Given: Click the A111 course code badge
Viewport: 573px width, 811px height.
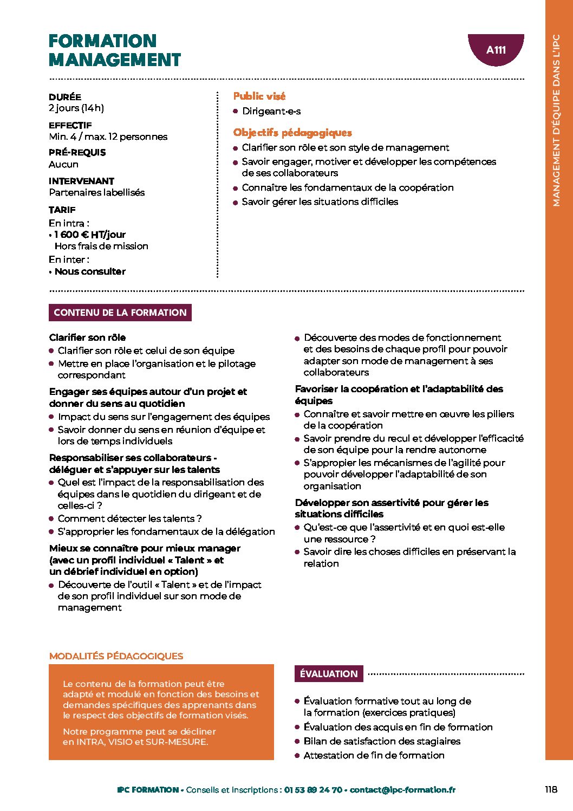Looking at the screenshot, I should click(x=496, y=50).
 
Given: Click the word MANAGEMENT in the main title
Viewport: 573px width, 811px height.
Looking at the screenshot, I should click(x=115, y=60).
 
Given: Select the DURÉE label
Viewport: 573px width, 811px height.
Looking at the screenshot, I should click(x=65, y=97).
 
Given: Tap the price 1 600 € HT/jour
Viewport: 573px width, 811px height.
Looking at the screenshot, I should click(x=90, y=235).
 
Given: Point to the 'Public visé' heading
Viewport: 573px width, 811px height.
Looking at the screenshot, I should click(x=259, y=96).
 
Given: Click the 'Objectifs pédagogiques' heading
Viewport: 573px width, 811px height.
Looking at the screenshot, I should click(x=292, y=133).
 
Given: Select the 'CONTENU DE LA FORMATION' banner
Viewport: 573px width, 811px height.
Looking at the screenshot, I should click(x=120, y=313).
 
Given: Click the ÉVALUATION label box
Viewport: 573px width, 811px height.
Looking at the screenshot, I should click(x=329, y=674).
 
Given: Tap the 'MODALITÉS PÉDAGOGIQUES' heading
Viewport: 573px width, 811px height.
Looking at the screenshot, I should click(x=116, y=656).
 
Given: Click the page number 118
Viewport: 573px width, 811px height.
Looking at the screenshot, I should click(x=551, y=789).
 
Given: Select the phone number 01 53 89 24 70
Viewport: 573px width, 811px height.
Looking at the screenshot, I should click(x=313, y=790).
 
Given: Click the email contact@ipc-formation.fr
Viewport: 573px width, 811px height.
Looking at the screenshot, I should click(x=402, y=790).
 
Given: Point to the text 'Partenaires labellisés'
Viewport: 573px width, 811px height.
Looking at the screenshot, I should click(x=97, y=192).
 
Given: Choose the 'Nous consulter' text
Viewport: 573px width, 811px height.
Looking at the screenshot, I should click(x=90, y=271).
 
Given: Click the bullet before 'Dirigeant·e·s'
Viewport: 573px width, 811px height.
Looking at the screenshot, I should click(x=236, y=111).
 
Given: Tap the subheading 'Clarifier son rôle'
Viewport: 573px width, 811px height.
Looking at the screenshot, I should click(x=87, y=338).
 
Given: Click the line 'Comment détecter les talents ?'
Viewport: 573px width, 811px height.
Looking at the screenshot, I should click(x=129, y=518).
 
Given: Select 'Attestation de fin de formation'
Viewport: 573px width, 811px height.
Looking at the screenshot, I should click(x=374, y=755).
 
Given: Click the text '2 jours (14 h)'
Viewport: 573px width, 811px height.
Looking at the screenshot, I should click(x=76, y=108).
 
